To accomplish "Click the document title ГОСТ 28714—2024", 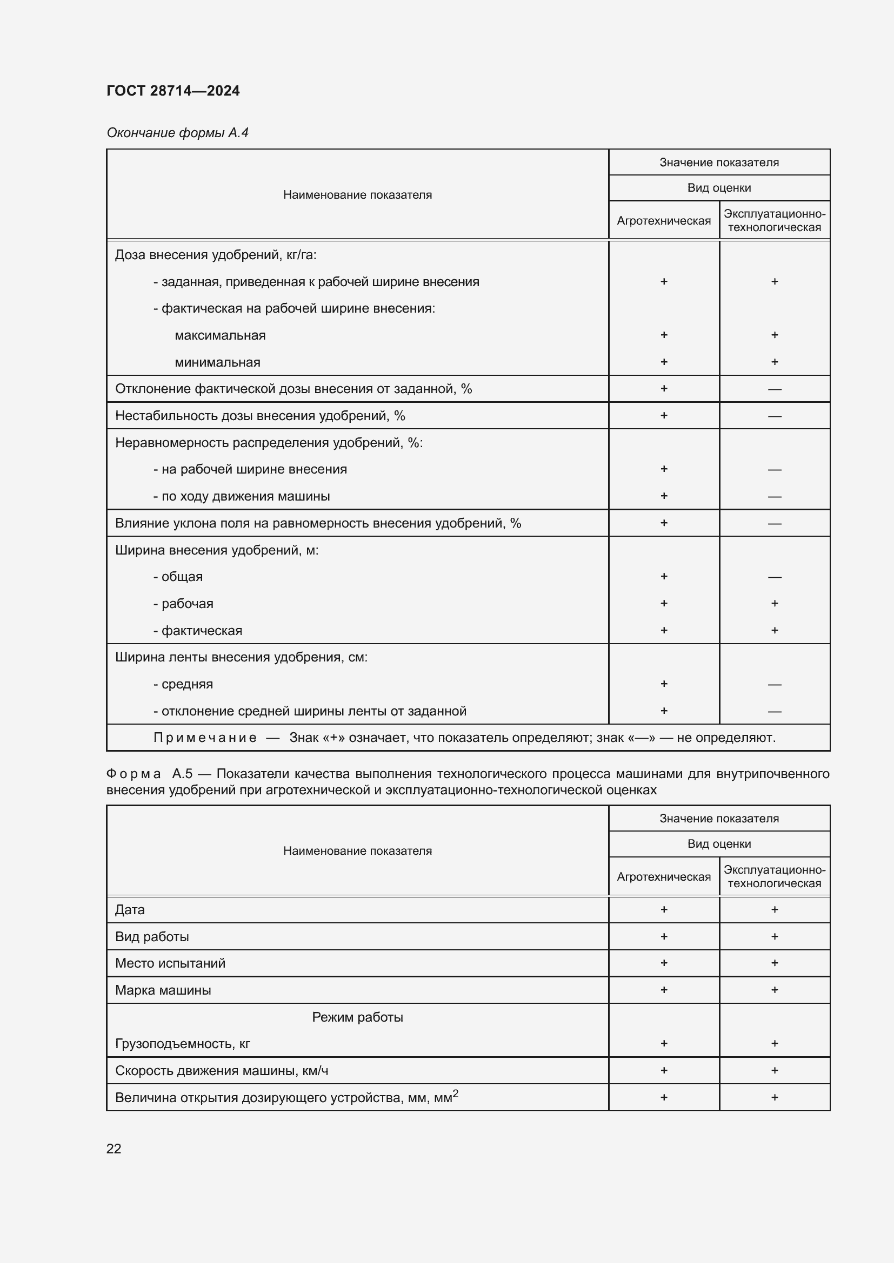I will click(173, 91).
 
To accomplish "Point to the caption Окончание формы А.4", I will click(177, 133).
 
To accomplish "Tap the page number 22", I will click(114, 1149).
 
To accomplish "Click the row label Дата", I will click(130, 910).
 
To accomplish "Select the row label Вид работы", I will click(152, 937).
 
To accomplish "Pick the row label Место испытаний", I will click(170, 963).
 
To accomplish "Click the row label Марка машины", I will click(163, 990).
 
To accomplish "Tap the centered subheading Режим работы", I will click(357, 1017).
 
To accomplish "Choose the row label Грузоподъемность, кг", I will click(182, 1044).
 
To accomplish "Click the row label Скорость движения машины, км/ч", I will click(221, 1070).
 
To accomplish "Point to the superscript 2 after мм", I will click(455, 1093).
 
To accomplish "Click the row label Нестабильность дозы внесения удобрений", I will click(260, 416).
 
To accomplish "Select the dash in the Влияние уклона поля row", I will click(775, 523).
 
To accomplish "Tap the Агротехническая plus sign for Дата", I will click(664, 910).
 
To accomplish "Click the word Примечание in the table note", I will click(205, 738).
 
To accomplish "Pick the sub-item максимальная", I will click(220, 335).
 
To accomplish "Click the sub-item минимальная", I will click(217, 362).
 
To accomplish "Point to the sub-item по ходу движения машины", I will click(242, 496).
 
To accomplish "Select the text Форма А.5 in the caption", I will click(149, 774).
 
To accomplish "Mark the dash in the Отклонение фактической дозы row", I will click(775, 389).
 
